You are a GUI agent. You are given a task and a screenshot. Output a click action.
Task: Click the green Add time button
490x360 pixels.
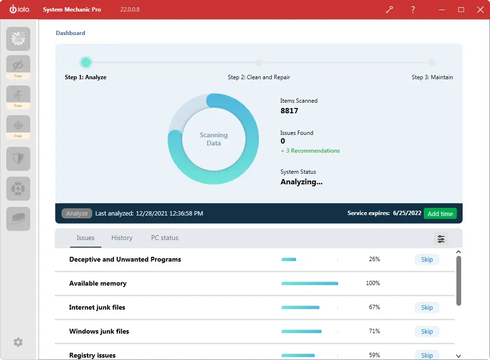pyautogui.click(x=440, y=214)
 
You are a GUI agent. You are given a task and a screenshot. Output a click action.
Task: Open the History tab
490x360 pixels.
pyautogui.click(x=122, y=238)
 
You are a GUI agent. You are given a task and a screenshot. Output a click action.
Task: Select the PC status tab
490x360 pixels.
pyautogui.click(x=165, y=238)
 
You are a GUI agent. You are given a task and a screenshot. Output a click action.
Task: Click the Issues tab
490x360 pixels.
pyautogui.click(x=86, y=238)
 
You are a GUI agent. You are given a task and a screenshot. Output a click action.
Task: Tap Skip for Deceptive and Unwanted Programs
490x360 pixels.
pyautogui.click(x=427, y=259)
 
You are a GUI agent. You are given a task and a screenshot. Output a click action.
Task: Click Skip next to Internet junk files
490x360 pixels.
pyautogui.click(x=427, y=307)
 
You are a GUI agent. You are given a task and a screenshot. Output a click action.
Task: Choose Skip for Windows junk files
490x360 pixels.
pyautogui.click(x=427, y=331)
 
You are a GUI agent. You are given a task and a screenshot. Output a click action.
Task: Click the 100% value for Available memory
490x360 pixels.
pyautogui.click(x=373, y=283)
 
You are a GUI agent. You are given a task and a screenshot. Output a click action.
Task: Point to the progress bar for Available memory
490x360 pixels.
pyautogui.click(x=310, y=283)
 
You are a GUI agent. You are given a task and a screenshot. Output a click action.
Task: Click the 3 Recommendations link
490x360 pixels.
pyautogui.click(x=310, y=151)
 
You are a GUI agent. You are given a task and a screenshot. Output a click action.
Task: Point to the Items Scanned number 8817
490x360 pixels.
pyautogui.click(x=289, y=111)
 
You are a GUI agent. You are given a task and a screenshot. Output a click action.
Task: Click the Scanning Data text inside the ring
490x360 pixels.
pyautogui.click(x=214, y=139)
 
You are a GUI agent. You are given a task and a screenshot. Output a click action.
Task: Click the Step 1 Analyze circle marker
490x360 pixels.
pyautogui.click(x=86, y=62)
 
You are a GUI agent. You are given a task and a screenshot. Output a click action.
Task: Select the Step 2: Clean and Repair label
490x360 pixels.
pyautogui.click(x=259, y=77)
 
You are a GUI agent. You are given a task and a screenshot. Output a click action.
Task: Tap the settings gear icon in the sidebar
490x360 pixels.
pyautogui.click(x=18, y=342)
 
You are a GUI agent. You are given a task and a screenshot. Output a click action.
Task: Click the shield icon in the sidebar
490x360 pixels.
pyautogui.click(x=18, y=159)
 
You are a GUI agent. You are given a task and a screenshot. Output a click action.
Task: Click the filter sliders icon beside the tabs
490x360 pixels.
pyautogui.click(x=441, y=239)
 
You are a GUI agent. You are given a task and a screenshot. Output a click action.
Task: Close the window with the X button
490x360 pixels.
pyautogui.click(x=480, y=10)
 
